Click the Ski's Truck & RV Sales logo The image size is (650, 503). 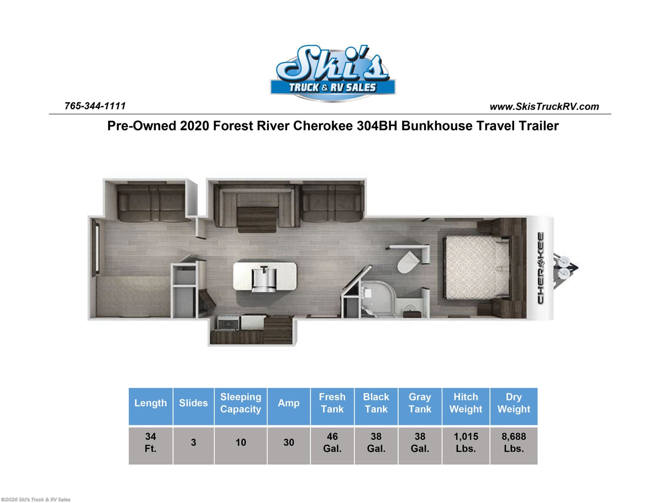pyautogui.click(x=332, y=73)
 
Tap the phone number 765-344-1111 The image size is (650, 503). pyautogui.click(x=95, y=106)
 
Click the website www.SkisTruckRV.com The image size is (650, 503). pyautogui.click(x=544, y=107)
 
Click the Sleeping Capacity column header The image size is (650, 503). pyautogui.click(x=241, y=403)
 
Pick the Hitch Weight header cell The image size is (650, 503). pyautogui.click(x=466, y=403)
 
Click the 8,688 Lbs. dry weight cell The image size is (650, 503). pyautogui.click(x=514, y=442)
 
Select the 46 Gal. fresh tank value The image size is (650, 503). pyautogui.click(x=332, y=442)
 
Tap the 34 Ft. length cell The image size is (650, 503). pyautogui.click(x=150, y=442)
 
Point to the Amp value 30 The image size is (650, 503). pyautogui.click(x=289, y=442)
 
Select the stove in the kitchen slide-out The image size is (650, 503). pyautogui.click(x=228, y=323)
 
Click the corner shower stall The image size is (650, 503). pyautogui.click(x=378, y=298)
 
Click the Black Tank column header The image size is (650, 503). pyautogui.click(x=376, y=403)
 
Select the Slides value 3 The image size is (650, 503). pyautogui.click(x=193, y=442)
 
